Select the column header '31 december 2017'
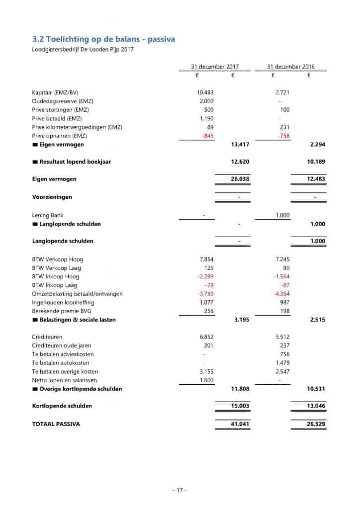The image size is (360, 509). click(215, 67)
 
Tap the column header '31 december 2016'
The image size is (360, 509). click(290, 67)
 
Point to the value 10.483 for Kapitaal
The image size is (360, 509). click(205, 92)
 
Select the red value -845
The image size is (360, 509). click(208, 136)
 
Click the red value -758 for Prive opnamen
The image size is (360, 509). click(283, 136)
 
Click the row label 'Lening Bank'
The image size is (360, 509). click(48, 215)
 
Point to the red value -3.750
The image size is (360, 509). click(206, 294)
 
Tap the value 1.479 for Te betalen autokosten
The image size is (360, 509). click(282, 363)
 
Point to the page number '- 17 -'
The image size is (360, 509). click(180, 490)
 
